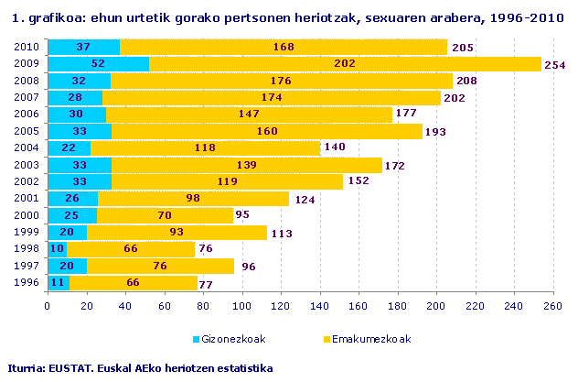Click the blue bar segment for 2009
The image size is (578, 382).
click(x=97, y=64)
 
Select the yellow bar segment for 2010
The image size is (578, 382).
click(x=284, y=47)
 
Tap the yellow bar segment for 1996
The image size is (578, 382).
click(x=133, y=283)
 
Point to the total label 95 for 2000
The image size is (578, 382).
click(x=242, y=215)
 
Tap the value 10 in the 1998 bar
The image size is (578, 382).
click(x=59, y=249)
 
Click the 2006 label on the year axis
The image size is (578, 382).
click(x=27, y=115)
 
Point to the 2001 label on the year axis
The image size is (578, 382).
click(x=27, y=199)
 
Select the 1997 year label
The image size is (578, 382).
click(x=27, y=267)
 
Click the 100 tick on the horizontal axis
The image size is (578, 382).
click(x=241, y=306)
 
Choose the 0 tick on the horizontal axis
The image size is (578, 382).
click(x=47, y=306)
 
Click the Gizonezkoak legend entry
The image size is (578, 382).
click(x=232, y=338)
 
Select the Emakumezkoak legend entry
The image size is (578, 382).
click(x=372, y=338)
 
